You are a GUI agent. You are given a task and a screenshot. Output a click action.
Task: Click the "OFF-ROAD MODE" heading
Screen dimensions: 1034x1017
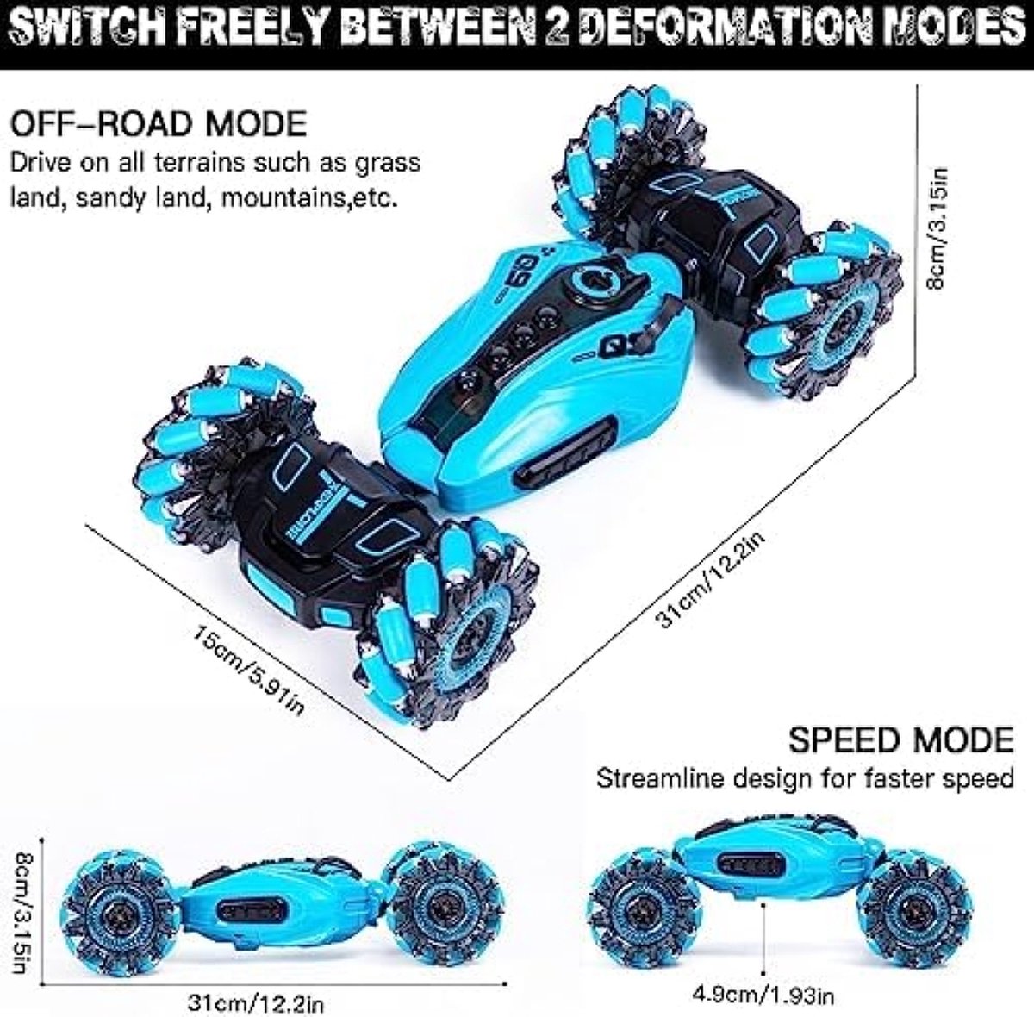(159, 123)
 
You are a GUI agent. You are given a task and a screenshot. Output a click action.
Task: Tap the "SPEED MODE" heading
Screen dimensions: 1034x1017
(901, 740)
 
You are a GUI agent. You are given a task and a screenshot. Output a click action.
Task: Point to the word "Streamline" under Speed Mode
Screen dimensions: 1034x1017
(661, 778)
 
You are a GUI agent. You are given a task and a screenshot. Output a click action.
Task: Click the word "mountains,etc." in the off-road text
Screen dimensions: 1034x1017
(309, 198)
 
